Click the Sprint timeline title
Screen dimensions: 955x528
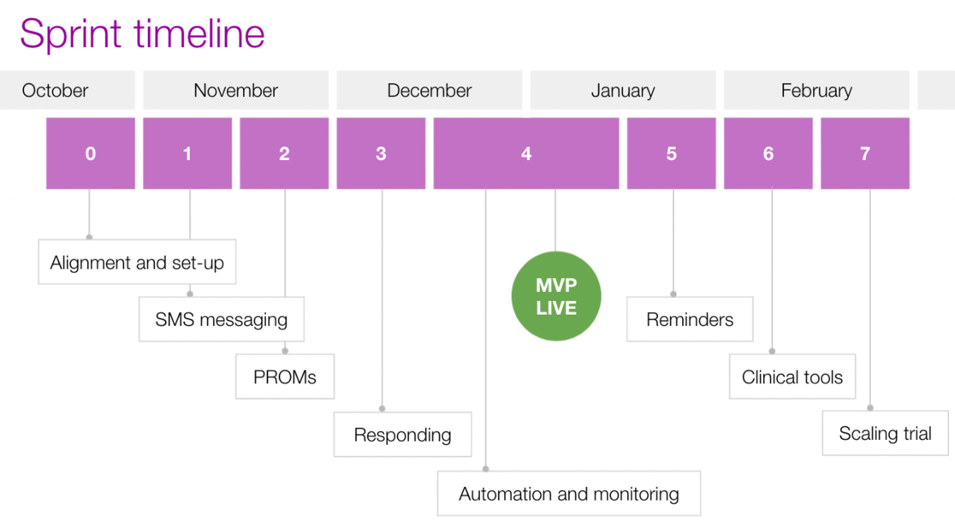(x=142, y=33)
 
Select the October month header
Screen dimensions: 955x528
(x=67, y=90)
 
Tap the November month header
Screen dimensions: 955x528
(x=235, y=90)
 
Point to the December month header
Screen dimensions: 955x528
(x=430, y=90)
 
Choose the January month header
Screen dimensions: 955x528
(x=623, y=90)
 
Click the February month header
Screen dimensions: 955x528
(x=816, y=90)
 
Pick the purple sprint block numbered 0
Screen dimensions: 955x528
(x=91, y=153)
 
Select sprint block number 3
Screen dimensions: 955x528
(x=382, y=153)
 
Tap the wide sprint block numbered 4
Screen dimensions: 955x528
(x=526, y=153)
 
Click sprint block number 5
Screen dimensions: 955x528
(x=672, y=153)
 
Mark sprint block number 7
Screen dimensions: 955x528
(x=865, y=153)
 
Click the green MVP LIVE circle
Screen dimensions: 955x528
(x=556, y=296)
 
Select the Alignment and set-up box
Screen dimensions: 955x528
(x=137, y=262)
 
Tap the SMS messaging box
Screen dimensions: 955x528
(x=222, y=319)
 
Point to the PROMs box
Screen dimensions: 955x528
(x=285, y=377)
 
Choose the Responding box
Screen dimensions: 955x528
(x=402, y=434)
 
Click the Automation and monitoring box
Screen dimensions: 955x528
(x=569, y=493)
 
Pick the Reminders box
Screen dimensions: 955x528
(x=690, y=319)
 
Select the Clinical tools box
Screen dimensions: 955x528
(x=792, y=377)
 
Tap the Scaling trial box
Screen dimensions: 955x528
(x=886, y=433)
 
